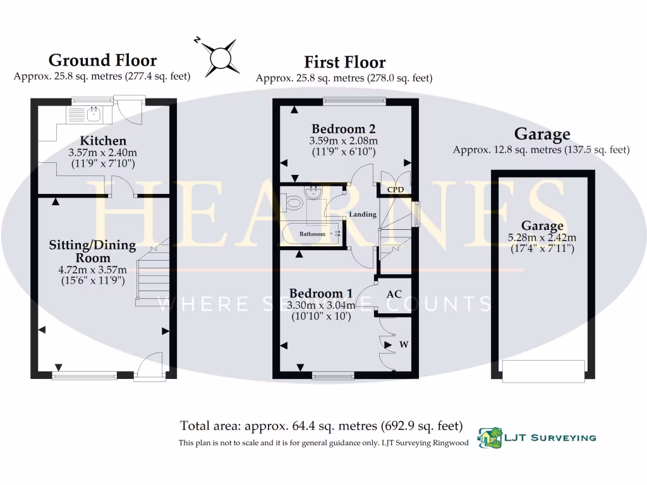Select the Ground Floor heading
coord(102,61)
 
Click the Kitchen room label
coord(103,141)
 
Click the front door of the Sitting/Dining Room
coord(151,367)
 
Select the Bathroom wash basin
coord(313,192)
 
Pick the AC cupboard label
coord(394,294)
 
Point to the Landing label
coord(363,215)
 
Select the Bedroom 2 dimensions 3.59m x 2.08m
coord(343,141)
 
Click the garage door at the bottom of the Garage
coord(543,371)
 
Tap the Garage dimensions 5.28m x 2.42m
coord(543,237)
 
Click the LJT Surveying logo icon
coord(487,436)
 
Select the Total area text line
coord(322,425)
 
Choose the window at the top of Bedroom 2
coord(354,100)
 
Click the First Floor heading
coord(344,63)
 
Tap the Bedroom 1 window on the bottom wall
coord(333,376)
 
